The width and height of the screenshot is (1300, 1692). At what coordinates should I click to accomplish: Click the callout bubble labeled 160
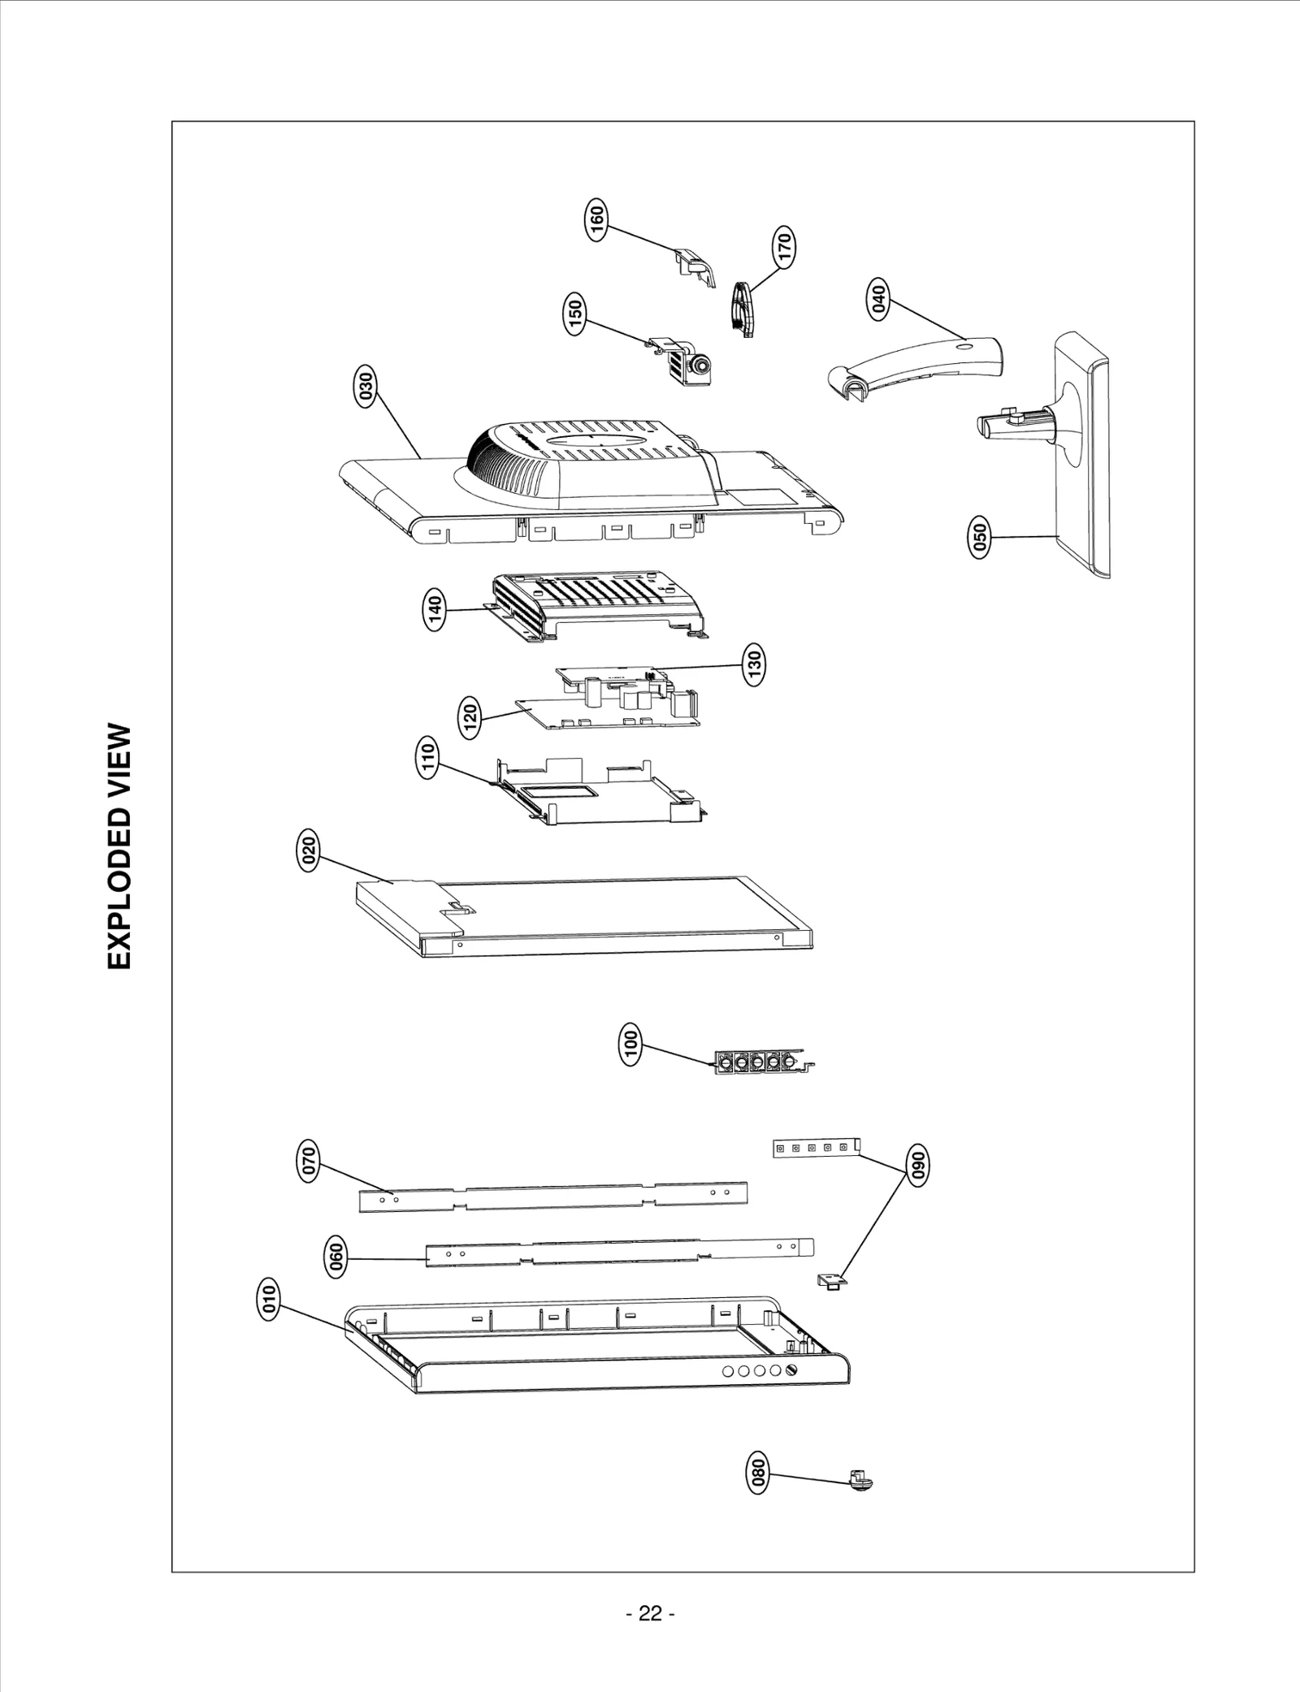click(x=596, y=219)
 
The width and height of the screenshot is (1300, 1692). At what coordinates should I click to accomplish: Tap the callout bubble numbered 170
click(x=783, y=246)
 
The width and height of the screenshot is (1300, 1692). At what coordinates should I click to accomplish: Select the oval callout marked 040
click(x=879, y=299)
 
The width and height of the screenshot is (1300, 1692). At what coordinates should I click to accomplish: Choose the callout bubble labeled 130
click(x=753, y=665)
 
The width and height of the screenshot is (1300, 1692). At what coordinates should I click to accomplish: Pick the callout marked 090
click(x=918, y=1166)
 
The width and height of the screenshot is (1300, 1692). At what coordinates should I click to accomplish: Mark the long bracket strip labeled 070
click(x=552, y=1197)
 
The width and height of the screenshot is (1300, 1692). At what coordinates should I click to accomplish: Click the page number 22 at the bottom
click(x=650, y=1613)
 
